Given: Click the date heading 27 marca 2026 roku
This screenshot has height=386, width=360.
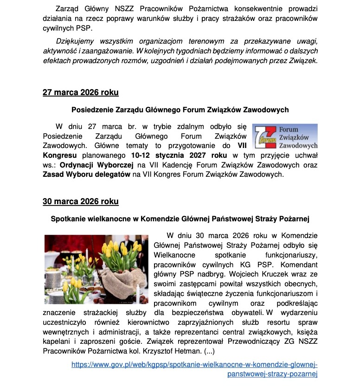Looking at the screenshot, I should click(x=80, y=92).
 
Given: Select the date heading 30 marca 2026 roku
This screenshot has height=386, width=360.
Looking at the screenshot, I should click(x=80, y=201).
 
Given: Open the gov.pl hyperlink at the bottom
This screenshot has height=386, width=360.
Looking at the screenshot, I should click(x=194, y=369).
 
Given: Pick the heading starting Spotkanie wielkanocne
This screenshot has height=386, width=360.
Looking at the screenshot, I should click(x=180, y=219).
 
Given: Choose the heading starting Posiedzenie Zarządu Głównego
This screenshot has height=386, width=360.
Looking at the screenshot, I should click(x=180, y=110).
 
